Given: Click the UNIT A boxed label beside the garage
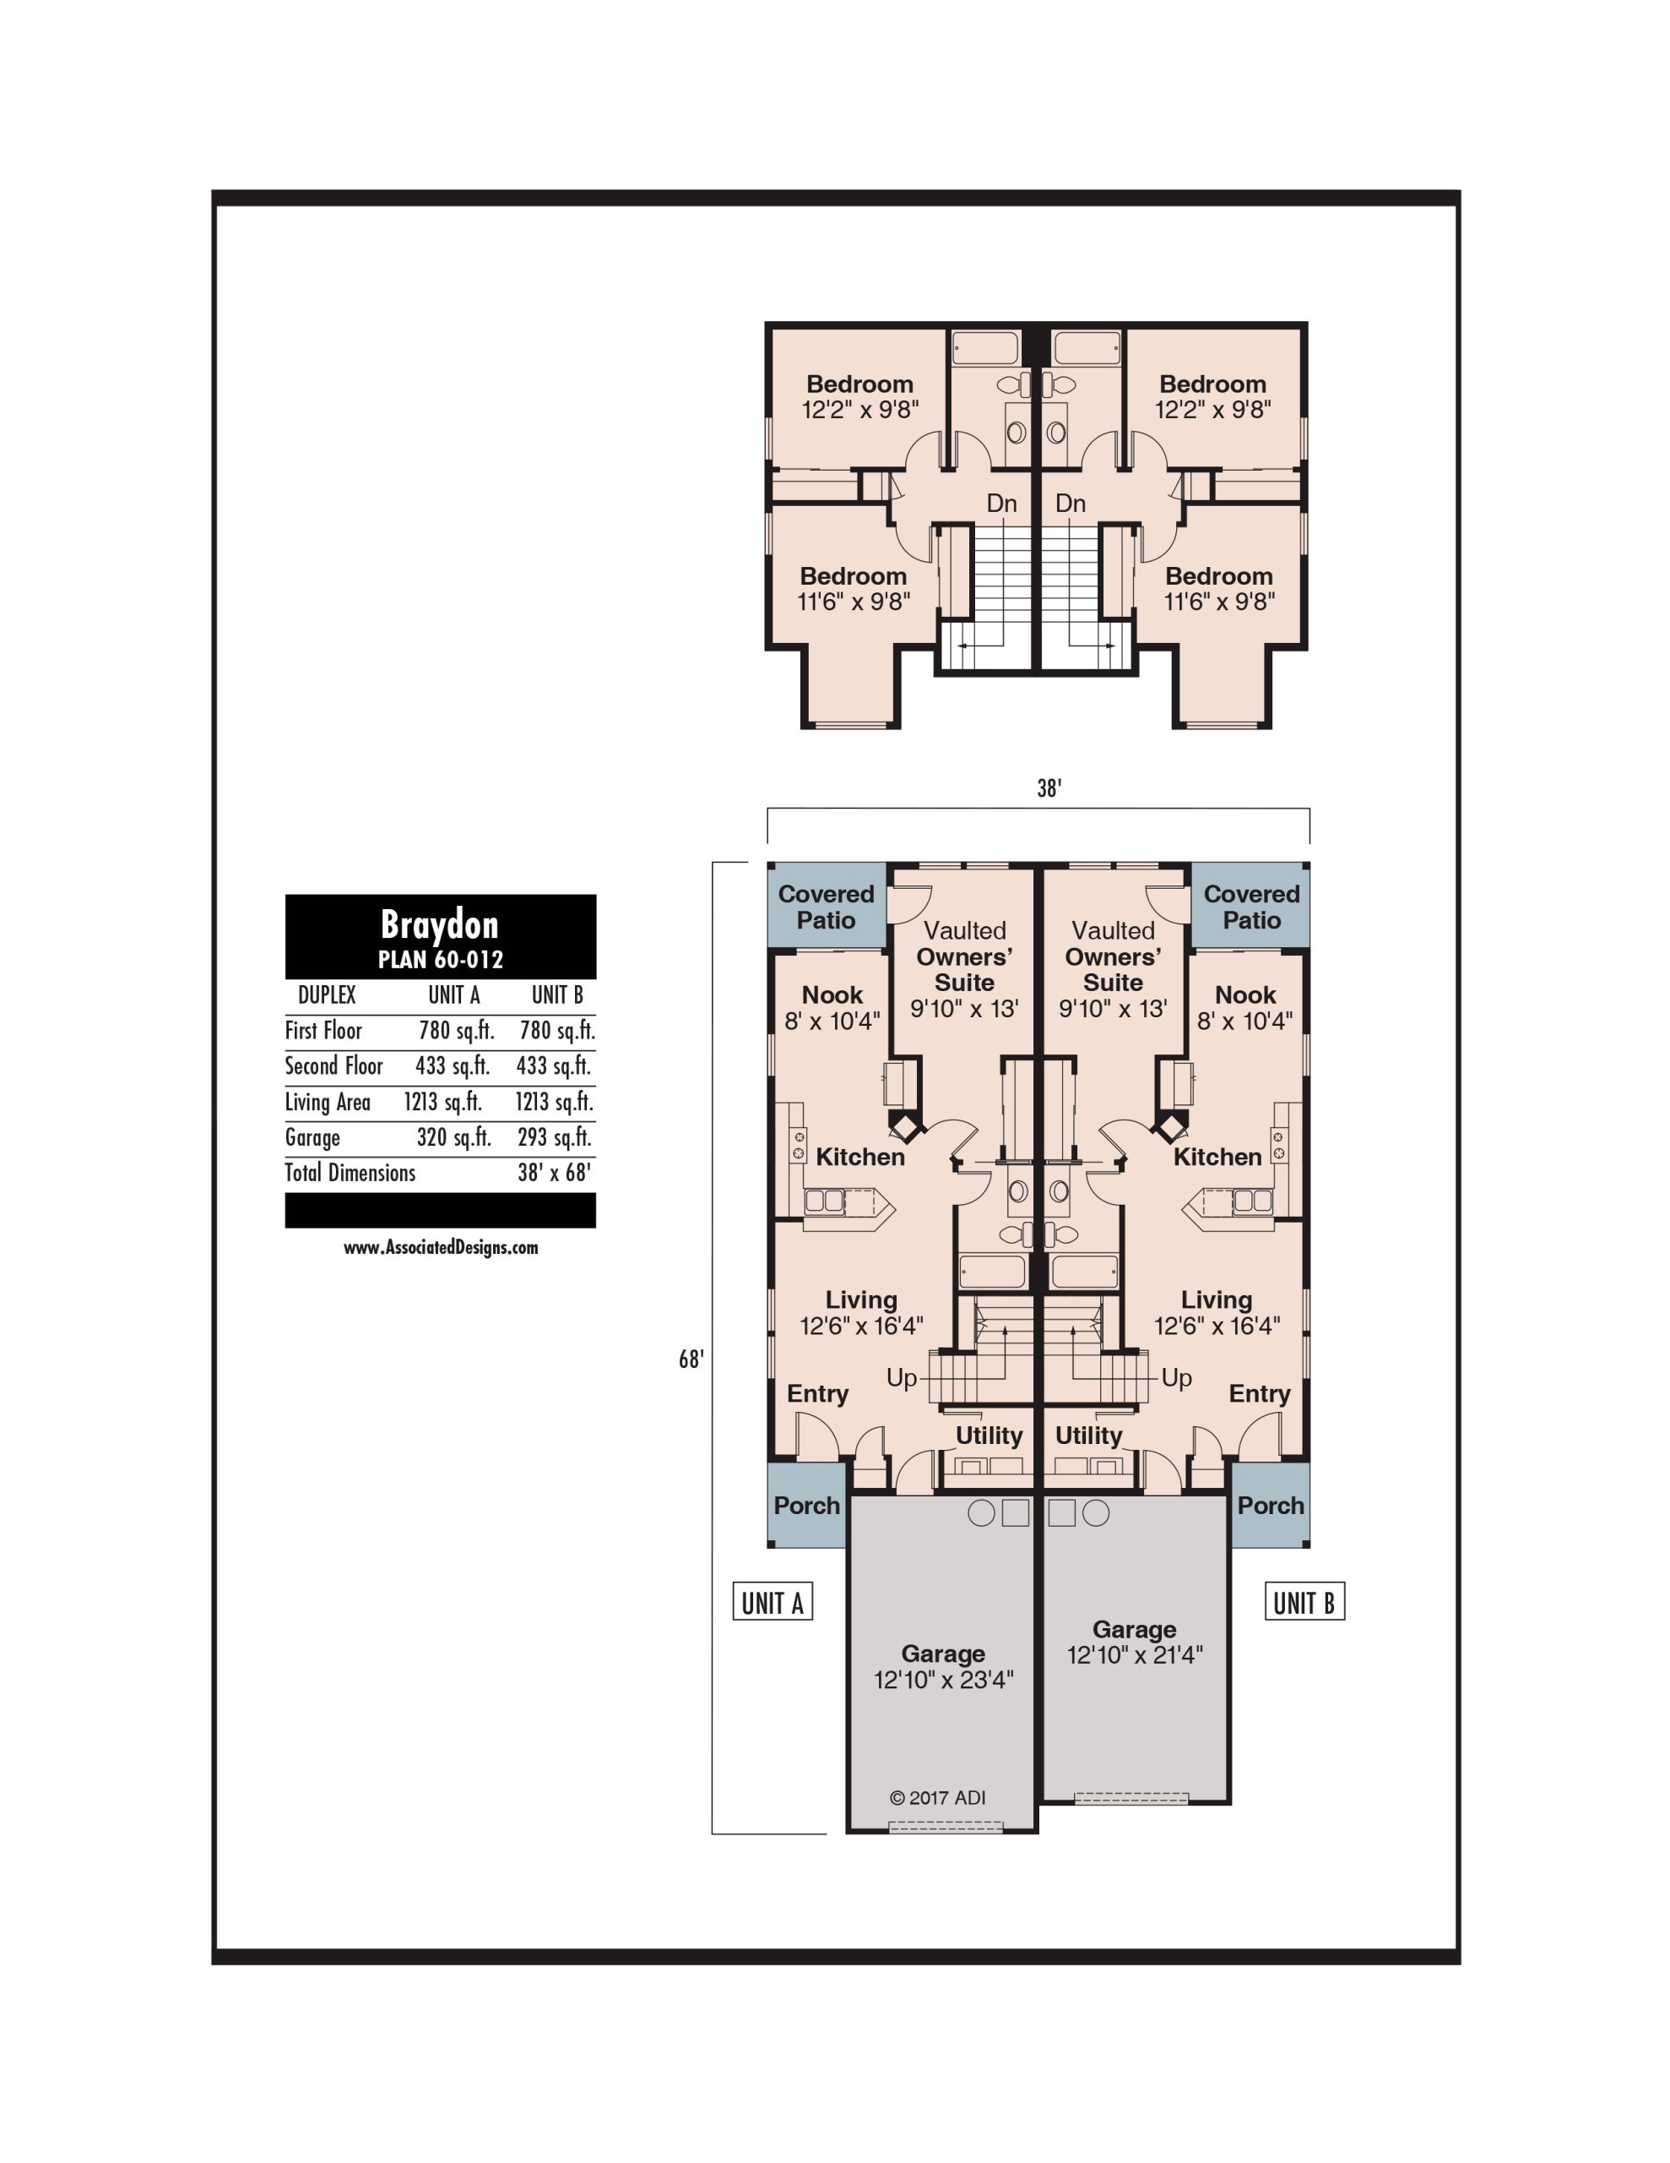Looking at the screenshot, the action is [773, 1601].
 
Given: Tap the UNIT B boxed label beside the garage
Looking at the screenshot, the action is [1304, 1601].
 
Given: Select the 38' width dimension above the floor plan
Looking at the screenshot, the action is [1049, 788].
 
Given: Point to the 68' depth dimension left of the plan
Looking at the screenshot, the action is [691, 1359].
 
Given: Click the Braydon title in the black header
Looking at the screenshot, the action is [440, 924].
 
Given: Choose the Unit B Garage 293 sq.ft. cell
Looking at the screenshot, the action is [555, 1137].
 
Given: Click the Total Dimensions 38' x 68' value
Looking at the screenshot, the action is [555, 1173].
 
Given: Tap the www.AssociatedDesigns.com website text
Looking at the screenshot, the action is [441, 1248].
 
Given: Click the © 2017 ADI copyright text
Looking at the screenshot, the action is [937, 1797].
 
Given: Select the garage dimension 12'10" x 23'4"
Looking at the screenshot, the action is [943, 1680].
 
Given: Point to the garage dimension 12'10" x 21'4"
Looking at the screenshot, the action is [1135, 1655].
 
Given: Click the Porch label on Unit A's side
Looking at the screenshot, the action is [807, 1506].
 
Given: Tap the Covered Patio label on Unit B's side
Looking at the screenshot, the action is [1252, 907].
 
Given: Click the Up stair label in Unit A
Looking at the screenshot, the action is [901, 1377].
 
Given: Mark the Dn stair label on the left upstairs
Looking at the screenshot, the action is [1002, 503].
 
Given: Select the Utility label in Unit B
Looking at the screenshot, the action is [1089, 1436].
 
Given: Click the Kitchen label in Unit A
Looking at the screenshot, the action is [860, 1157].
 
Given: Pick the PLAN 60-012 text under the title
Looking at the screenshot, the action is [441, 960].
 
